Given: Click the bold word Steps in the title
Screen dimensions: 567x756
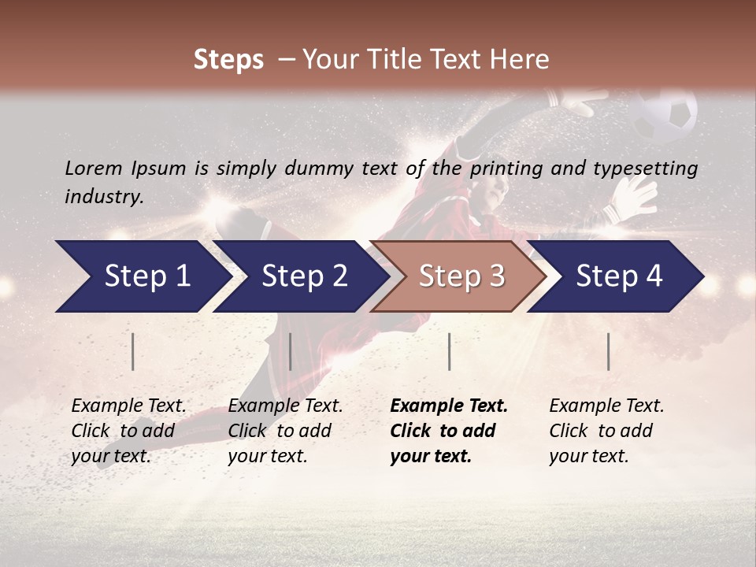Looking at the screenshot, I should (x=228, y=60).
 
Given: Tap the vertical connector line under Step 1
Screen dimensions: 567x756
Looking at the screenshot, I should (x=133, y=351).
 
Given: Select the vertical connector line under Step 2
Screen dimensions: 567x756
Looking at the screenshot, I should (x=291, y=351).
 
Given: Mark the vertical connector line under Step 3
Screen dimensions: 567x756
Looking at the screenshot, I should (x=449, y=351).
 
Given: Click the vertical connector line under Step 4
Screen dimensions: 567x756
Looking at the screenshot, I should (x=608, y=351).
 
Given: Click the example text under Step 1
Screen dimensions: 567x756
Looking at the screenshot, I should (x=128, y=431).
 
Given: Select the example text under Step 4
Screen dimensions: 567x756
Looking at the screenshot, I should (x=605, y=431).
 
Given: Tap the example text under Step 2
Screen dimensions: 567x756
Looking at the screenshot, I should (x=284, y=431).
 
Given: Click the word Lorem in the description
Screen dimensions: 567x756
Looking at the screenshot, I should (x=93, y=168).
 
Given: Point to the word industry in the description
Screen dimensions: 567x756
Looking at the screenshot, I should (x=102, y=196).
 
